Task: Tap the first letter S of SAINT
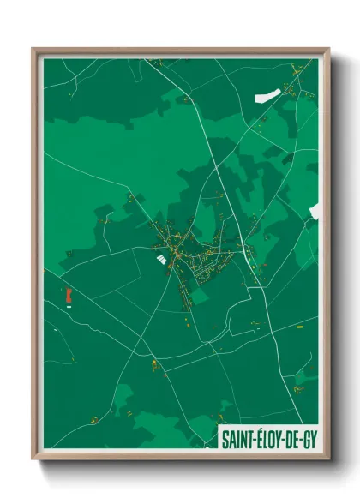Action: click(x=225, y=440)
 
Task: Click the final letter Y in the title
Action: click(x=315, y=440)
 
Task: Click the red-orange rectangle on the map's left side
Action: click(x=68, y=295)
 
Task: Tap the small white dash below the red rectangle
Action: click(x=69, y=306)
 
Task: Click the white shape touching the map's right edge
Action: click(x=315, y=211)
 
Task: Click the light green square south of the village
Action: click(x=199, y=297)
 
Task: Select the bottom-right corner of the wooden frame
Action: click(x=328, y=459)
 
